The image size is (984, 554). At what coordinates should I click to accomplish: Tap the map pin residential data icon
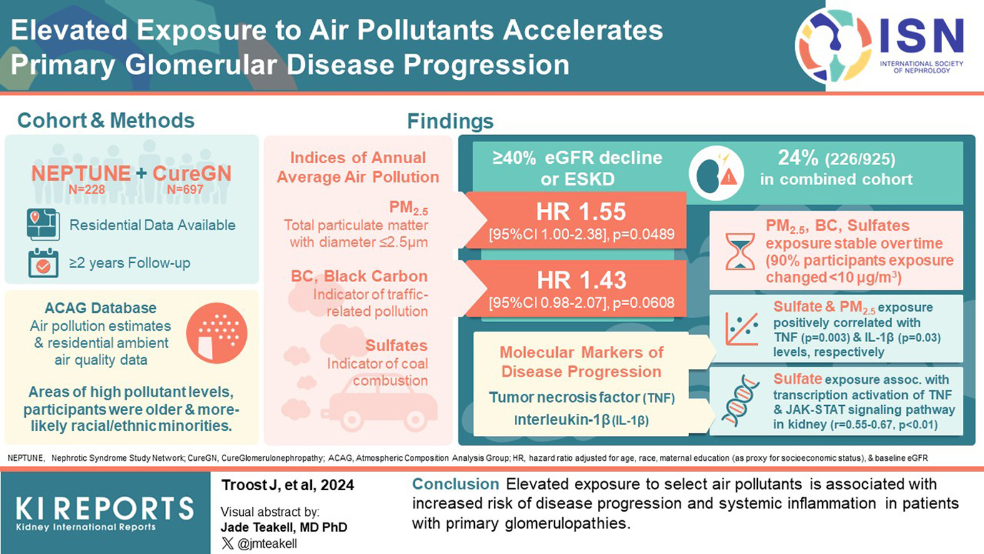pos(42,224)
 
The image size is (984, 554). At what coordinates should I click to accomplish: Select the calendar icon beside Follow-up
pos(43,263)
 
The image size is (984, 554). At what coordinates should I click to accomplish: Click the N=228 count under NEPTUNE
pos(87,189)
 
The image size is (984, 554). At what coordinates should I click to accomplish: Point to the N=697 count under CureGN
pos(185,189)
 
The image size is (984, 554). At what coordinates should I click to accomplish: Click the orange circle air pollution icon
pos(217,333)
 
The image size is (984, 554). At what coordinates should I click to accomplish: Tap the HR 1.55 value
pos(581,211)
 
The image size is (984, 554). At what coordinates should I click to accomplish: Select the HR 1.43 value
pos(581,280)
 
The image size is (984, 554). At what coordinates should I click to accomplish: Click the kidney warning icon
pos(716,173)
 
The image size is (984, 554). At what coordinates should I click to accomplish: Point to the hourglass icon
pos(740,251)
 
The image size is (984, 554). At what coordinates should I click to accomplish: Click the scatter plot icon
pos(742,328)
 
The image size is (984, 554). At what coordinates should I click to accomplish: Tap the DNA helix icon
pos(740,400)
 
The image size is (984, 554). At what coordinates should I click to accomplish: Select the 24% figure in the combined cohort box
pos(798,158)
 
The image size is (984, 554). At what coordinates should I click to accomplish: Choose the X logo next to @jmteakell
pos(227,543)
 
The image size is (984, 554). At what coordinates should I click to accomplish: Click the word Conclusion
pos(455,484)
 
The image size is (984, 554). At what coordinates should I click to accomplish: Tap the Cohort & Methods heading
pos(106,121)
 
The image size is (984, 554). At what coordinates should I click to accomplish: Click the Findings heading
pos(450,121)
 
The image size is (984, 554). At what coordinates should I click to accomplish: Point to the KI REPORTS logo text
pos(104,509)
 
